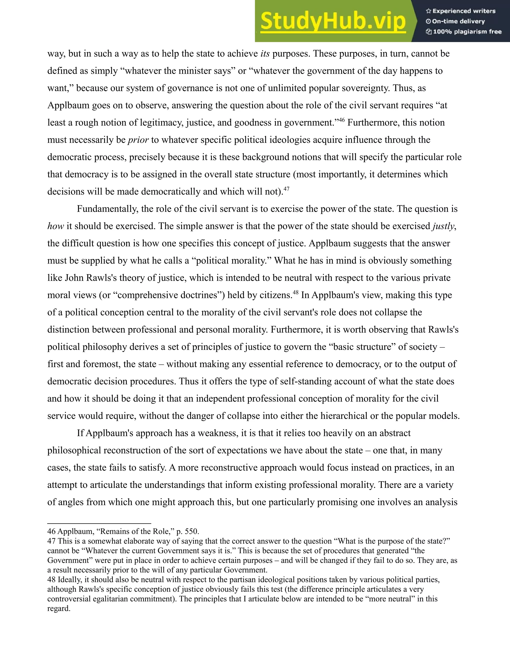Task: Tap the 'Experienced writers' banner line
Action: coord(461,11)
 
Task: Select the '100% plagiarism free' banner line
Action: coord(464,32)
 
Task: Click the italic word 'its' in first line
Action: coord(265,54)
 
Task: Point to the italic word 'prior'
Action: coord(138,140)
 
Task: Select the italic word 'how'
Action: coord(56,226)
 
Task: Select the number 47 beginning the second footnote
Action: coord(51,541)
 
